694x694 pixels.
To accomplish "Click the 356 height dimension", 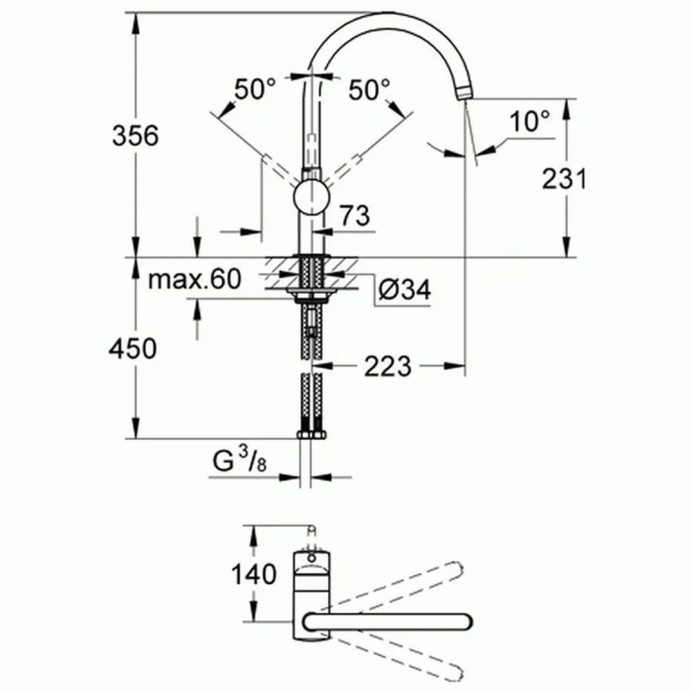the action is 135,136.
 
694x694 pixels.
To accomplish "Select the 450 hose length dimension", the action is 133,348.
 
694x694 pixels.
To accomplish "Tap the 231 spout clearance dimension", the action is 564,179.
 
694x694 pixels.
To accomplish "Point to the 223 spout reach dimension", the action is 387,366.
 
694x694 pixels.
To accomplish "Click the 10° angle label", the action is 530,121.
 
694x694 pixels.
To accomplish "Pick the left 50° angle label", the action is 255,89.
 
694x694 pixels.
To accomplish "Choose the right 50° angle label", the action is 369,89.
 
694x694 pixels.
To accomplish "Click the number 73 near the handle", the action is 355,215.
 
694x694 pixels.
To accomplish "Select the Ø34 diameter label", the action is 405,290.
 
